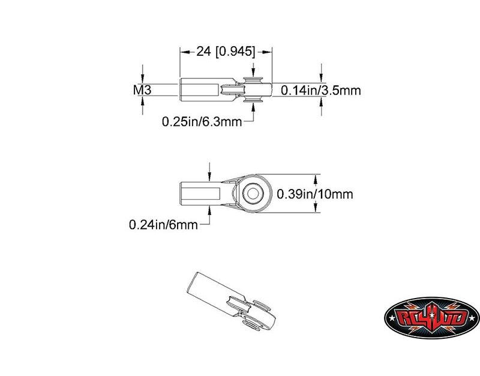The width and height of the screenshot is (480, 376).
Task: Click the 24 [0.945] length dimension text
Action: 226,52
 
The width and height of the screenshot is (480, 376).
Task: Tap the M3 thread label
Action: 142,90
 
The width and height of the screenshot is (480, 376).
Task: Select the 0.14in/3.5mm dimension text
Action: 321,91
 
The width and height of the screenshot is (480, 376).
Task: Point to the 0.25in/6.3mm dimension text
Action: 202,122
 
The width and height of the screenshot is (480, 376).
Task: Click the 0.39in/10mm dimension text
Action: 314,194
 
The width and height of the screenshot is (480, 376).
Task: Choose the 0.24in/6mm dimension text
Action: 163,225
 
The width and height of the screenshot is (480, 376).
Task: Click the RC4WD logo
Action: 431,318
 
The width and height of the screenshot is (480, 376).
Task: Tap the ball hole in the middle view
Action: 253,193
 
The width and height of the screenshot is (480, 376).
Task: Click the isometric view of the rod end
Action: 231,302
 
